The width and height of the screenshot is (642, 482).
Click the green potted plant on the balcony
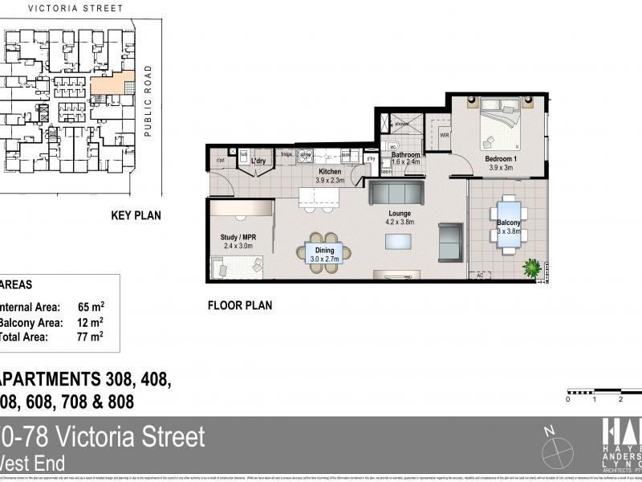(531, 268)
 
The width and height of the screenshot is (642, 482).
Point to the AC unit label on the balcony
(481, 275)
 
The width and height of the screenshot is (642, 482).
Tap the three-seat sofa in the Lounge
(396, 194)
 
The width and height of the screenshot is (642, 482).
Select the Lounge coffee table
(399, 242)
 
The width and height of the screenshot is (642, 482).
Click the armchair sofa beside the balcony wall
(451, 241)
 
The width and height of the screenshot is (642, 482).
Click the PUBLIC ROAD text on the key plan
(148, 100)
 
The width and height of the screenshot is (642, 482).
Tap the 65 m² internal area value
(91, 306)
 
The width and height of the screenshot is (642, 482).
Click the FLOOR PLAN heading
(239, 305)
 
